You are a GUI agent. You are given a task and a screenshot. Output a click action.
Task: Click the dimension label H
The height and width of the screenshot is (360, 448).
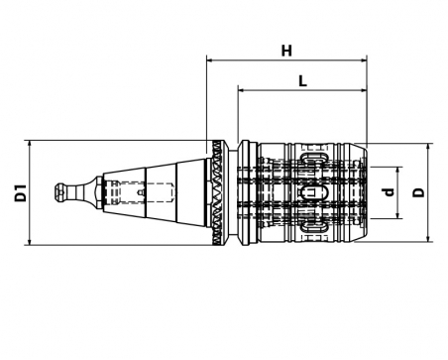coord(286,51)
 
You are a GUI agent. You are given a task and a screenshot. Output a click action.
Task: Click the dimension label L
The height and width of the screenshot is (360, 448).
coord(302,80)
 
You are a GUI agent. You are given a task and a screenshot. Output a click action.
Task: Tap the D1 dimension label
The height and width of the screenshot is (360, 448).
coord(21,193)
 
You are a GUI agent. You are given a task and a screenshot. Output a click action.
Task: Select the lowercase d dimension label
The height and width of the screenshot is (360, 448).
coord(391,191)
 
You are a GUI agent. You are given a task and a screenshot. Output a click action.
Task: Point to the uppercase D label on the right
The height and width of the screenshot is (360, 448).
coord(419,192)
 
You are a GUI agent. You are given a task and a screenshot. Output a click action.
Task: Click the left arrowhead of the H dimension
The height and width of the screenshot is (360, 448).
coord(209,60)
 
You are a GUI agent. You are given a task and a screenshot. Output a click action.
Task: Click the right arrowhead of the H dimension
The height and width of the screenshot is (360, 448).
coord(364,60)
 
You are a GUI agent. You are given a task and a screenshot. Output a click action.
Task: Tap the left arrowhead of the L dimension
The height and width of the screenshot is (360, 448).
coord(241,90)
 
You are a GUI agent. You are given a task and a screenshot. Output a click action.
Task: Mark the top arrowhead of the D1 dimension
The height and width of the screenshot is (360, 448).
coord(30,143)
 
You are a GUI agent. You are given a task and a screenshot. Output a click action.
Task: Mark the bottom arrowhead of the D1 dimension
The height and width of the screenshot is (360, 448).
coord(30,242)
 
